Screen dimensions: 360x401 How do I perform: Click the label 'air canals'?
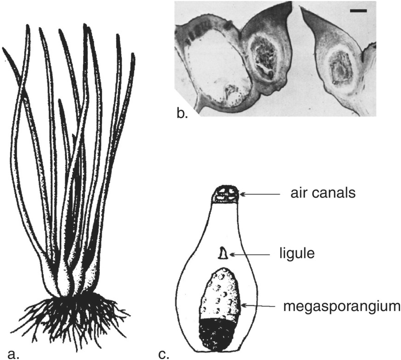tap(322, 193)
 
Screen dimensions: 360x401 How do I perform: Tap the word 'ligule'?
tap(297, 253)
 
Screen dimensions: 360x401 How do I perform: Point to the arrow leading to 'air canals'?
tap(259, 194)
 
